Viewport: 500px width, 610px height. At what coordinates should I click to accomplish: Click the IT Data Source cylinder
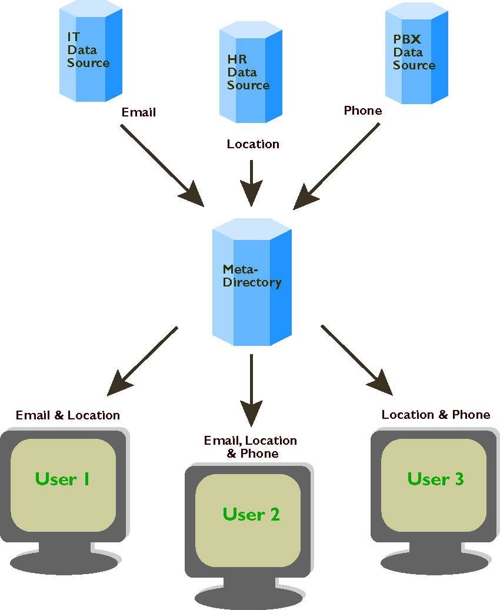click(x=91, y=53)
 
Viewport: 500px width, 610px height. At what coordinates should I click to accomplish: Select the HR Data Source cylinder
click(x=251, y=74)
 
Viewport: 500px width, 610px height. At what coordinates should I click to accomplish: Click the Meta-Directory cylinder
click(x=252, y=282)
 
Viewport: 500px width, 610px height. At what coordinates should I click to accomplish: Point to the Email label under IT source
click(x=139, y=112)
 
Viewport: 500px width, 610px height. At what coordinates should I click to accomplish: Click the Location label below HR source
click(x=253, y=144)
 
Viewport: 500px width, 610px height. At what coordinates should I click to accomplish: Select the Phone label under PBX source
click(x=363, y=111)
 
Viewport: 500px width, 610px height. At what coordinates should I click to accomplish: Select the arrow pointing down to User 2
click(x=252, y=388)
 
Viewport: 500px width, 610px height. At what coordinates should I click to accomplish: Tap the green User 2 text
click(x=251, y=514)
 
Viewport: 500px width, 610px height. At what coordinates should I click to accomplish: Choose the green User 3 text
click(x=435, y=479)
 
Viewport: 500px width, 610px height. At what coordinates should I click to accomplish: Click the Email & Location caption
click(x=68, y=415)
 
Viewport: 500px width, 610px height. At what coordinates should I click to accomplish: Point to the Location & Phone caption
click(x=435, y=415)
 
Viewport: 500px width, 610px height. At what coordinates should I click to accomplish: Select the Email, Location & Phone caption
click(x=251, y=447)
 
